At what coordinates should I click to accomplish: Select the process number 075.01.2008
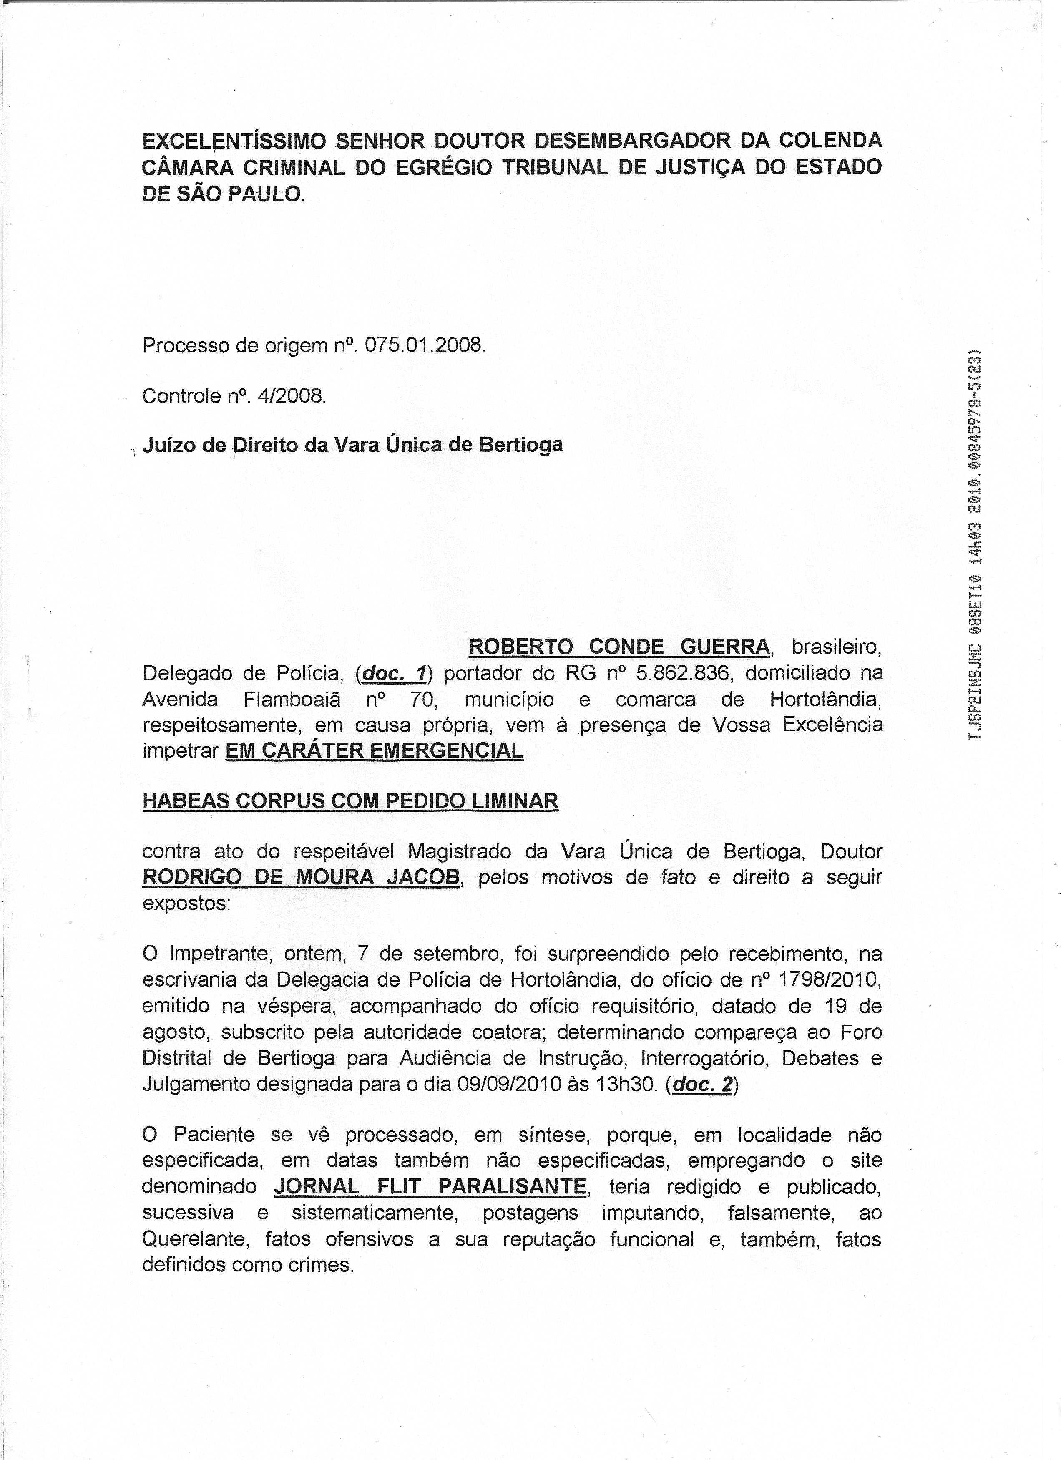tap(423, 346)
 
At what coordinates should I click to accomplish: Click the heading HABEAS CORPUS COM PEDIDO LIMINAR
tap(350, 801)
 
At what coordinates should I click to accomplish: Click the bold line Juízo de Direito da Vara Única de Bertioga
tap(352, 444)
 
